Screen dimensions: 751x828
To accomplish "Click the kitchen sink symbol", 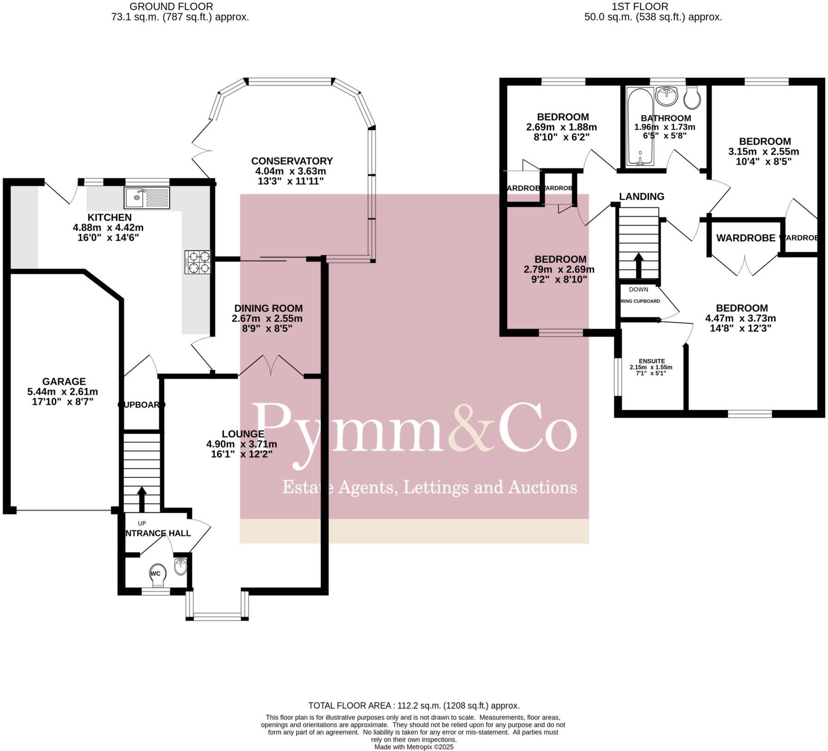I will (146, 198).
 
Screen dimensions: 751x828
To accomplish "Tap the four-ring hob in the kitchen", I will (198, 262).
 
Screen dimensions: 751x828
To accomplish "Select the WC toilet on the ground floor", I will (157, 575).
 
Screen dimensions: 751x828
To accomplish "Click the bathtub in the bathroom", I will (639, 127).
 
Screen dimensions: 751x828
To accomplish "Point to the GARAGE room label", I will (64, 382).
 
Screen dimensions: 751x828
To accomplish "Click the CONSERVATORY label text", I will (292, 161).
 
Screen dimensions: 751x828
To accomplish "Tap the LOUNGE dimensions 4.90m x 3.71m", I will (242, 444).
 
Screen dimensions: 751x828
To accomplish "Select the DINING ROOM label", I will (268, 308).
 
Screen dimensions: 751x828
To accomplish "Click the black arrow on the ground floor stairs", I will (142, 498).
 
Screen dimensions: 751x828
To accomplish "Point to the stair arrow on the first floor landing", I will (639, 265).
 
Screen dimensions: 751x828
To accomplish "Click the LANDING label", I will (641, 197).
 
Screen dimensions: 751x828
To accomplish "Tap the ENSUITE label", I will (651, 361).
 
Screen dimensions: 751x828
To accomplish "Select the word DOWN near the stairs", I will (638, 289).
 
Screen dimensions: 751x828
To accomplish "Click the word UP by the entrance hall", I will (142, 523).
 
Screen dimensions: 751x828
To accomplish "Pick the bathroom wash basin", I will (667, 95).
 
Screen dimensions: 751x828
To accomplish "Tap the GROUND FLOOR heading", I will (171, 6).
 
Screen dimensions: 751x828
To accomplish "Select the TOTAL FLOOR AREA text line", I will (414, 706).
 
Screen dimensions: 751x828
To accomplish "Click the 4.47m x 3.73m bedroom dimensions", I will (740, 318).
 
